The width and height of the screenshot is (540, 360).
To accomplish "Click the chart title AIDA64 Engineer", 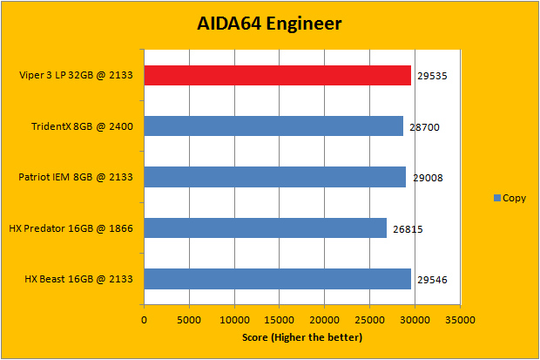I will (x=268, y=24).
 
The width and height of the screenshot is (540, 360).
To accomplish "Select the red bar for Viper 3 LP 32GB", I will (x=277, y=76).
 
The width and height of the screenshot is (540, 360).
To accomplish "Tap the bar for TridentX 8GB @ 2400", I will (x=273, y=126).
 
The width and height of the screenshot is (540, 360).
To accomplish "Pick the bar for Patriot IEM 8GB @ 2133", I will (x=274, y=177).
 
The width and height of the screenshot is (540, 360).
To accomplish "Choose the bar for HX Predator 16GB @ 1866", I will (x=265, y=228).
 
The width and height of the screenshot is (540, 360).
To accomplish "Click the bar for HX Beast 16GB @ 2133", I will (x=277, y=279).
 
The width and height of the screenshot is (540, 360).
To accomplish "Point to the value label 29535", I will (x=431, y=77).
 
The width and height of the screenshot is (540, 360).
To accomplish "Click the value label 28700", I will (x=424, y=127).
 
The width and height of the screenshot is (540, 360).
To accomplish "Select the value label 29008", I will (x=427, y=178).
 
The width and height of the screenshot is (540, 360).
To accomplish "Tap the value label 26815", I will (x=407, y=228).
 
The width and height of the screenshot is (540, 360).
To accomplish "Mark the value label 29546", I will (x=431, y=280).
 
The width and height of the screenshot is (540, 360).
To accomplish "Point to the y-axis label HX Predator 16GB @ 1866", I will (x=71, y=228).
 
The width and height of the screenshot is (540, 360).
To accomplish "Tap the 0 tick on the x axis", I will (x=144, y=320).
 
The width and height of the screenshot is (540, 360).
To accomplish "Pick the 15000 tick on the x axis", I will (x=280, y=320).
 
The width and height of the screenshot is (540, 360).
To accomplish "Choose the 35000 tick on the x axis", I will (x=460, y=320).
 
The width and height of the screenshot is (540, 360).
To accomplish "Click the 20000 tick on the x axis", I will (x=325, y=320).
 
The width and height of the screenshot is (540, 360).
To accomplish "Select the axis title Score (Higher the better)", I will (x=301, y=336).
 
